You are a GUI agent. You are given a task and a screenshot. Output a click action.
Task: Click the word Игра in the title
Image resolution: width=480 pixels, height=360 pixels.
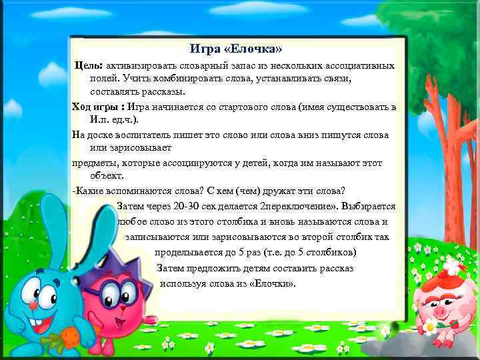click(x=203, y=49)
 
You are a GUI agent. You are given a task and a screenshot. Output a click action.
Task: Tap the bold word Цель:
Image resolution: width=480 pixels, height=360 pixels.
click(x=88, y=66)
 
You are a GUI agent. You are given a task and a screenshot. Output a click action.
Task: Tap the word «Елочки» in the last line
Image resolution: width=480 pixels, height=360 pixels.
click(x=270, y=283)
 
